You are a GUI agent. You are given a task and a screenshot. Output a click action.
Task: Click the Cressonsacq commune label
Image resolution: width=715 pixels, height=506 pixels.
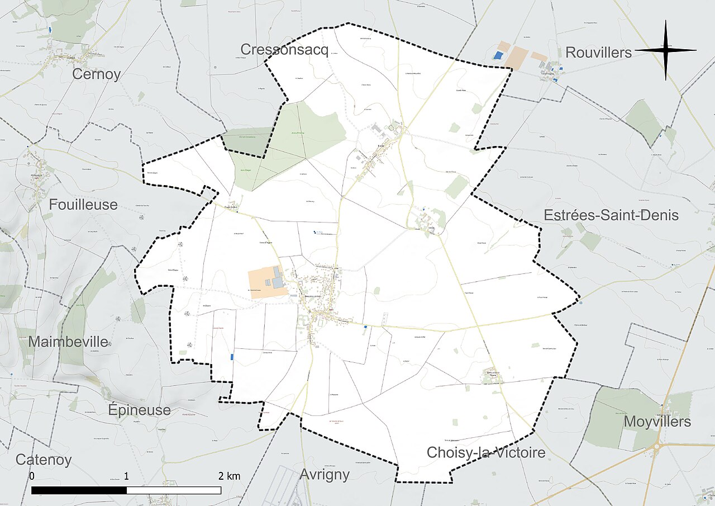tap(284, 50)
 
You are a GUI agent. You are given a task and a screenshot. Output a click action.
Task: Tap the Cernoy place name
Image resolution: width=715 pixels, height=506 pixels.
tap(97, 74)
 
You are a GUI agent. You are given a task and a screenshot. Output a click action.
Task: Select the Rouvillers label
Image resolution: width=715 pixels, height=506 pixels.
tap(598, 53)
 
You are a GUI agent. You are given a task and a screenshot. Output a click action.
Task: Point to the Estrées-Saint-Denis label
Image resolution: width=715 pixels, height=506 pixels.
tap(611, 215)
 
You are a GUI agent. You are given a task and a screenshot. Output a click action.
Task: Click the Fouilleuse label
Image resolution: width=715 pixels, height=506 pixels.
tap(83, 205)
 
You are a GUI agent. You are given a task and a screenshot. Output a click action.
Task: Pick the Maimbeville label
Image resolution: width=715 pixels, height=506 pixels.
tap(68, 342)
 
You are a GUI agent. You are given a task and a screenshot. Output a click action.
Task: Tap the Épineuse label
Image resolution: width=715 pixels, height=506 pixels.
tap(139, 410)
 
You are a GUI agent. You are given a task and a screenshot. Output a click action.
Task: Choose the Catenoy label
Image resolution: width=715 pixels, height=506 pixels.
tap(44, 460)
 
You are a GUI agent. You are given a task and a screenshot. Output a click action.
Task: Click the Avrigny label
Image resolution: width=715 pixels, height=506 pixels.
tap(325, 475)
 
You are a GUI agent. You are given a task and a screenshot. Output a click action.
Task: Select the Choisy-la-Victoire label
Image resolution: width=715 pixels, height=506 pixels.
tap(485, 452)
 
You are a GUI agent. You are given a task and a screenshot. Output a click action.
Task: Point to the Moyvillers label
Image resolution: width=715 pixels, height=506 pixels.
tap(657, 422)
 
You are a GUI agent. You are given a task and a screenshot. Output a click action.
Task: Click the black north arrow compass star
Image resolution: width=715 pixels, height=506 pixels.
tap(666, 50)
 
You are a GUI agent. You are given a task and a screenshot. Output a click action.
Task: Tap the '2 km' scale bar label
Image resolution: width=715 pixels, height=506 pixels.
tap(229, 476)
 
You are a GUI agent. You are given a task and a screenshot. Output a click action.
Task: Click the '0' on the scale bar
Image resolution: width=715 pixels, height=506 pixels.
tap(32, 476)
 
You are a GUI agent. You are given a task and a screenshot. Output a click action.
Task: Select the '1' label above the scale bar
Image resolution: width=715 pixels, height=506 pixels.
tap(127, 476)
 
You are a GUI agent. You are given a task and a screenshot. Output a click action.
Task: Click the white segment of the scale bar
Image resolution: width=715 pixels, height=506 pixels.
tap(174, 490)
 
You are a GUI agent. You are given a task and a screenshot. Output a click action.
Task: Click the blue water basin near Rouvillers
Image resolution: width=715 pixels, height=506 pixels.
tap(497, 55)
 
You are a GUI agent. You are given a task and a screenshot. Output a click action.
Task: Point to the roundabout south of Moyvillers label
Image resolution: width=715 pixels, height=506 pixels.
tap(657, 446)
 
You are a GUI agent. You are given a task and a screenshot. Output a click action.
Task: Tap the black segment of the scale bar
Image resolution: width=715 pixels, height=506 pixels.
tap(79, 490)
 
